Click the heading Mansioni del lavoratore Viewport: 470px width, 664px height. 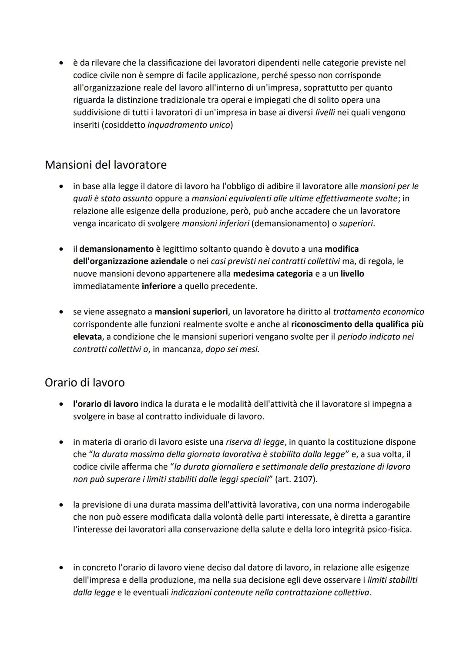click(105, 165)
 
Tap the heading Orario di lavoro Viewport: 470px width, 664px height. click(84, 383)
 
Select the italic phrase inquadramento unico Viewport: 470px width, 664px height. click(189, 125)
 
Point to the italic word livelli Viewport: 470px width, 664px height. click(324, 113)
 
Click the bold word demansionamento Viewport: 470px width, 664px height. click(117, 249)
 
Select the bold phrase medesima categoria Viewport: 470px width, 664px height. click(273, 274)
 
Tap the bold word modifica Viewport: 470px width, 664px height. click(342, 249)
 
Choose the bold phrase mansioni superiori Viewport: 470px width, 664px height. click(191, 312)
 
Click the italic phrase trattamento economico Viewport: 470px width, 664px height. click(378, 312)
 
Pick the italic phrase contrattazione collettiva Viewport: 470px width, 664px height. click(322, 592)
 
